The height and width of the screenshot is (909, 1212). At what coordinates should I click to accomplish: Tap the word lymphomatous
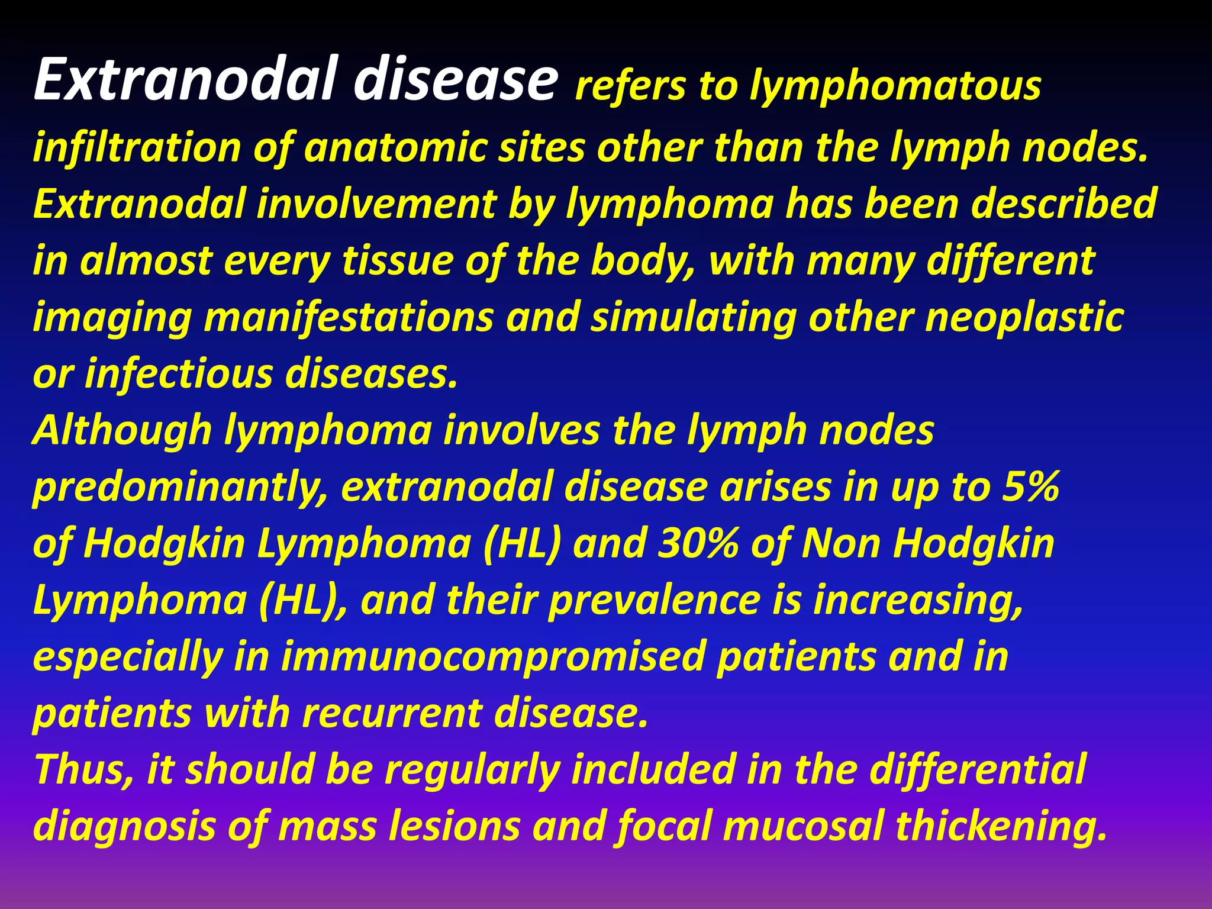[x=895, y=86]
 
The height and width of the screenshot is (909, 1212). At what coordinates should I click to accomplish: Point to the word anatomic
[x=395, y=147]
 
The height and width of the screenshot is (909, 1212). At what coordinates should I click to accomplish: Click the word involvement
[x=376, y=204]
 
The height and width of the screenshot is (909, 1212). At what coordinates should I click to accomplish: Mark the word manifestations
[x=349, y=317]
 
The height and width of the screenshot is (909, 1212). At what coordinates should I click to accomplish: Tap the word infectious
[x=180, y=374]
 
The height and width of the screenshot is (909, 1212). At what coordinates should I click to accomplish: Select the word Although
[x=122, y=430]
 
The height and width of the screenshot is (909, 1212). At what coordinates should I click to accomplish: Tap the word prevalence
[x=654, y=600]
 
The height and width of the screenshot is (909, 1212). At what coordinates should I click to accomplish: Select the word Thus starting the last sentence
[x=83, y=769]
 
